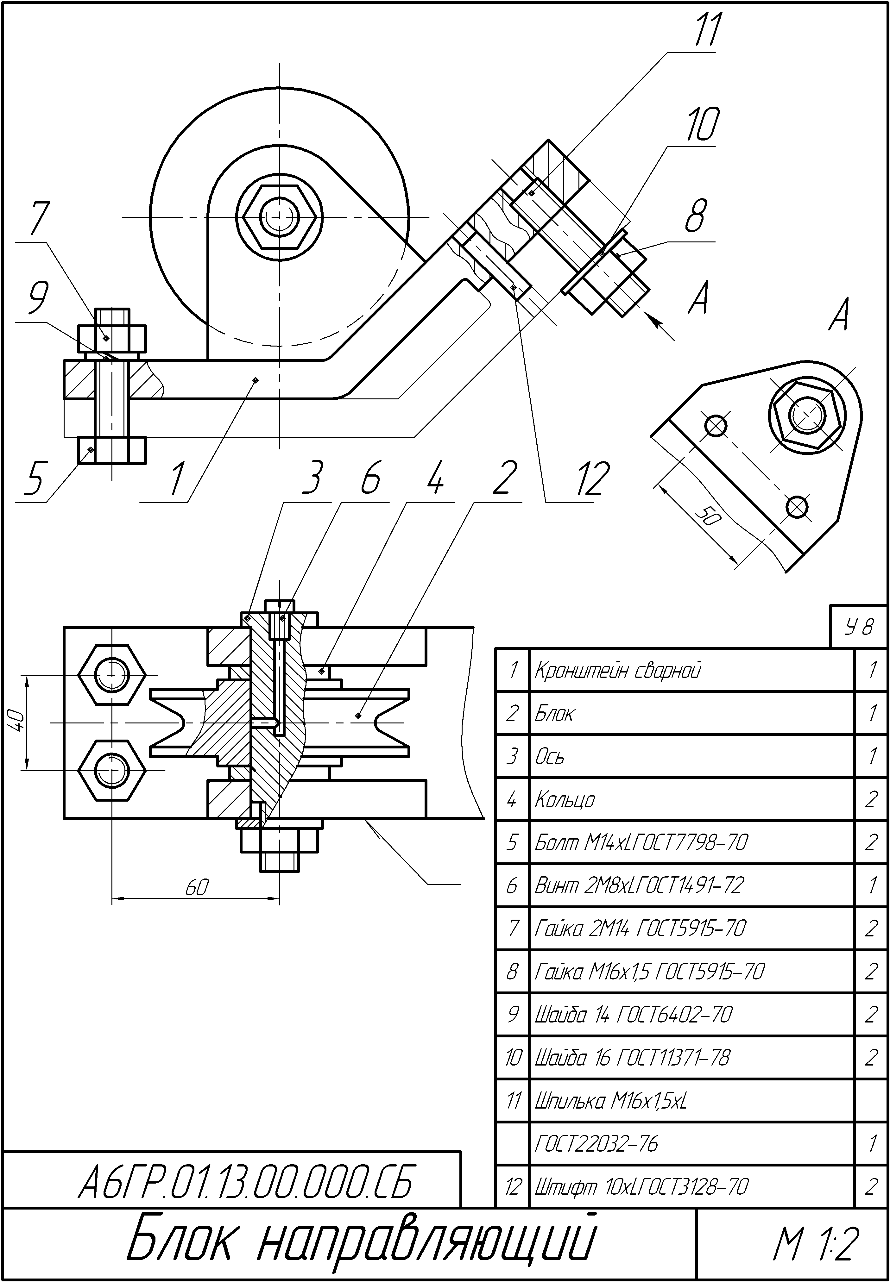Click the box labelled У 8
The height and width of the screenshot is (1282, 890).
coord(858,627)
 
